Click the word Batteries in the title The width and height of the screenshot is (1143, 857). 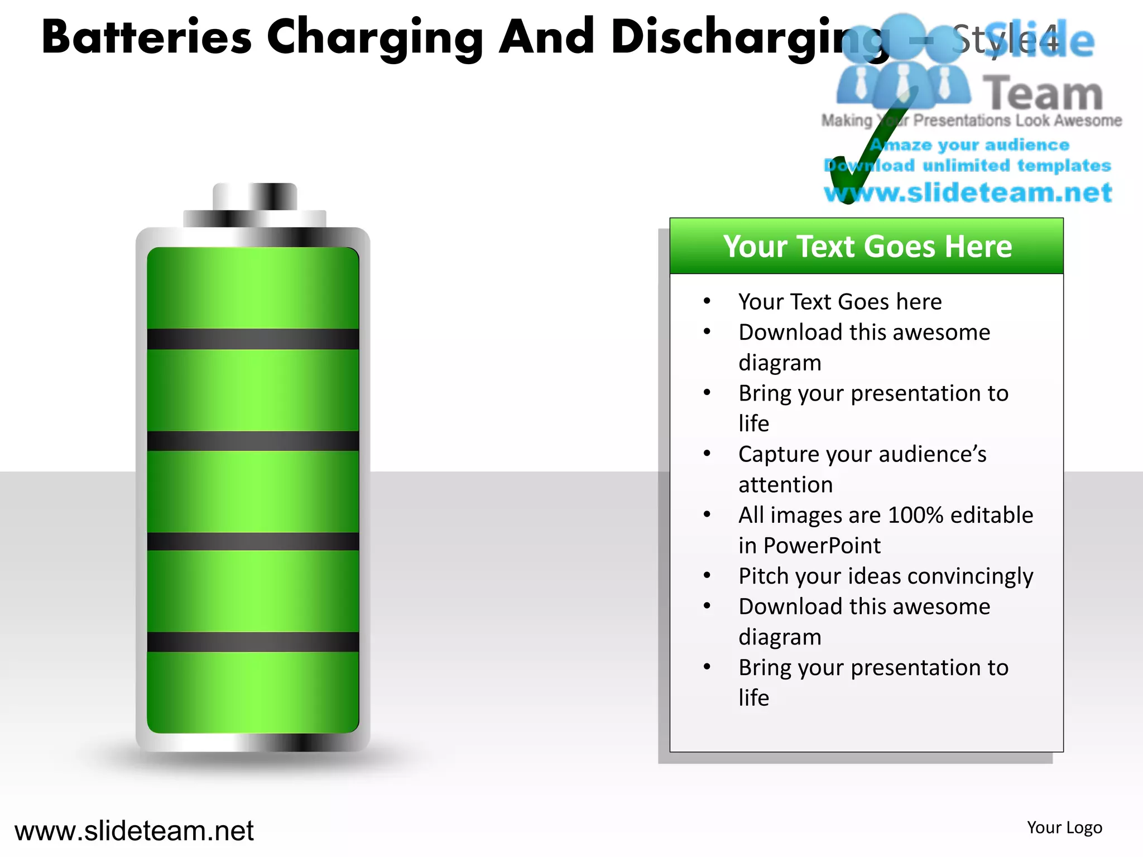click(146, 37)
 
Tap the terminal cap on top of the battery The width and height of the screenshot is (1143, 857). click(255, 197)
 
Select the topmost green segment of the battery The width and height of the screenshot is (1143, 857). click(253, 288)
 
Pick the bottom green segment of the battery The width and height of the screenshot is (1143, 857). click(253, 692)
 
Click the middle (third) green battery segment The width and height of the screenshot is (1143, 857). click(253, 491)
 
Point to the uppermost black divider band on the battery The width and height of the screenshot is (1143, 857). click(253, 339)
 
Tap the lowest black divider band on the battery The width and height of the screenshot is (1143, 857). click(253, 642)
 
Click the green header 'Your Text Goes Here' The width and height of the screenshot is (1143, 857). click(867, 246)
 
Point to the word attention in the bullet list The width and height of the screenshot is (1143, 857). click(785, 485)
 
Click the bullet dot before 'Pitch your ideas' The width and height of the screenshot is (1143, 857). click(707, 575)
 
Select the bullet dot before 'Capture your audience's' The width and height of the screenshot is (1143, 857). click(707, 454)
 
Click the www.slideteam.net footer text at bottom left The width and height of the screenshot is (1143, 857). click(134, 831)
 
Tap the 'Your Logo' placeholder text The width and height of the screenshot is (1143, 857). click(1064, 827)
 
